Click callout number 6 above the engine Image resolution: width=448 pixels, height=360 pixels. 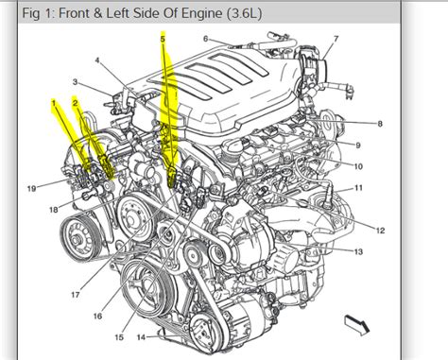click(x=205, y=39)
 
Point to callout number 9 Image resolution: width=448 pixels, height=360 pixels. click(x=359, y=145)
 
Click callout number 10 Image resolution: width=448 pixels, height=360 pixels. click(x=358, y=166)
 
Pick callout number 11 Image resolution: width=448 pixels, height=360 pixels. click(x=358, y=189)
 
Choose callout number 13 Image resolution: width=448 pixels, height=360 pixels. click(x=359, y=252)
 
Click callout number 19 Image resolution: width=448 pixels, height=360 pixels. click(x=31, y=188)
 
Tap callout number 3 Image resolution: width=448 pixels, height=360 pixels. click(x=75, y=82)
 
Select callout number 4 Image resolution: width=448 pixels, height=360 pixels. click(x=97, y=60)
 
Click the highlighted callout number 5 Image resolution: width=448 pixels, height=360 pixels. click(x=163, y=39)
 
